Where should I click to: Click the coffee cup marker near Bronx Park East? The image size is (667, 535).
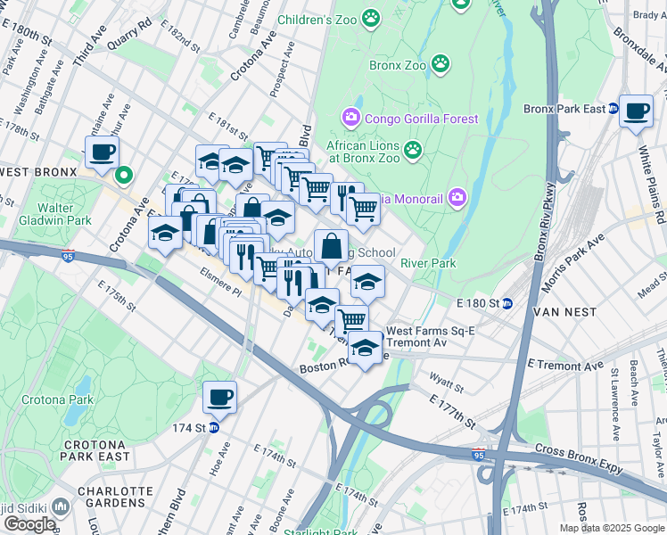(x=635, y=111)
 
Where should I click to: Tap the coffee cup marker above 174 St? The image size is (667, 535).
(x=218, y=398)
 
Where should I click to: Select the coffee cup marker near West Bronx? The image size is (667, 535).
(x=101, y=152)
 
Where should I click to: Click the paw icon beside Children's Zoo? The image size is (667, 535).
(x=371, y=18)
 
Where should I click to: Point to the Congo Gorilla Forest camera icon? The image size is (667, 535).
(x=350, y=118)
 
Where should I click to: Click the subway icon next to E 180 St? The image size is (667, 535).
(x=507, y=303)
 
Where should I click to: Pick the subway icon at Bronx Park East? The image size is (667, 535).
(x=613, y=110)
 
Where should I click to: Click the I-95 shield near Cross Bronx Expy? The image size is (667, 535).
(x=479, y=455)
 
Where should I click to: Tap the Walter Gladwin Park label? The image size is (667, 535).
(x=68, y=214)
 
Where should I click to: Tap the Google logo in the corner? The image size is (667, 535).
(x=29, y=523)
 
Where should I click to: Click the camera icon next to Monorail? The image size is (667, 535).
(x=457, y=196)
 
